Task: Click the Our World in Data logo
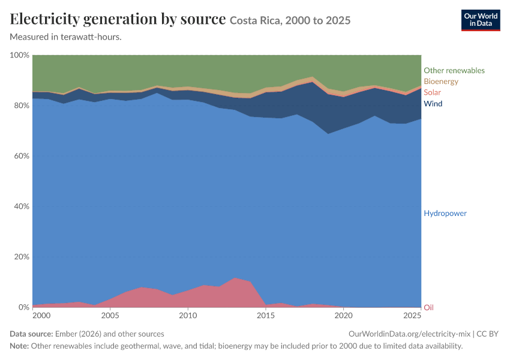[x=481, y=20]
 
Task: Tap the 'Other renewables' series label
[x=454, y=71]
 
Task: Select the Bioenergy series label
[x=441, y=82]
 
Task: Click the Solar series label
[x=432, y=92]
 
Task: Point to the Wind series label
[x=433, y=103]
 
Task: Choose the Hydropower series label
[x=445, y=214]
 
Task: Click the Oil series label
[x=428, y=307]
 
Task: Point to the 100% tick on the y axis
[x=20, y=55]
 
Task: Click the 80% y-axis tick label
[x=22, y=106]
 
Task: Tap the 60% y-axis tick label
[x=22, y=156]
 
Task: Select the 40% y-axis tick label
[x=22, y=206]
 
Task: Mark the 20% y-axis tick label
[x=22, y=257]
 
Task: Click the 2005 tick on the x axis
[x=110, y=316]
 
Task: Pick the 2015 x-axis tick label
[x=266, y=316]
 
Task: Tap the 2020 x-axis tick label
[x=344, y=316]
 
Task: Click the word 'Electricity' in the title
[x=44, y=19]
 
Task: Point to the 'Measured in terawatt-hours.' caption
[x=66, y=37]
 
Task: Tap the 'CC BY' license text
[x=488, y=334]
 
